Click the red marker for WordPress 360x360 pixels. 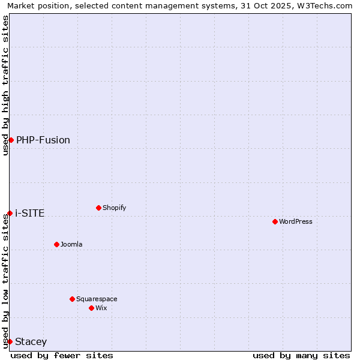tap(275, 221)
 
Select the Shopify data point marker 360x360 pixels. tap(98, 208)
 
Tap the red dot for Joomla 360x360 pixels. tap(56, 244)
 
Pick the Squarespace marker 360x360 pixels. tap(72, 299)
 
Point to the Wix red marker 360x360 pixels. tap(91, 308)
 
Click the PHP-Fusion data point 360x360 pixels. tap(11, 140)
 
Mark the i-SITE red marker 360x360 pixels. tap(10, 213)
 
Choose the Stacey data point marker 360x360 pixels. tap(10, 341)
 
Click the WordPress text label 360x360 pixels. tap(296, 221)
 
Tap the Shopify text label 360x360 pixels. tap(115, 208)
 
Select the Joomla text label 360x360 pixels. tap(71, 244)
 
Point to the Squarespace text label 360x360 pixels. tap(97, 299)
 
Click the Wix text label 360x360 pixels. tap(101, 308)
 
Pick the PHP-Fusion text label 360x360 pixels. tap(43, 140)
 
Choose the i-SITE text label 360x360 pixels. tap(30, 213)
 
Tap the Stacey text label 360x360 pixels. tap(31, 341)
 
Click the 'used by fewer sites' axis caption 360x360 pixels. tap(62, 355)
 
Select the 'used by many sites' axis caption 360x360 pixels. tap(301, 355)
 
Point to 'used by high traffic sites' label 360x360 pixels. tap(5, 85)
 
